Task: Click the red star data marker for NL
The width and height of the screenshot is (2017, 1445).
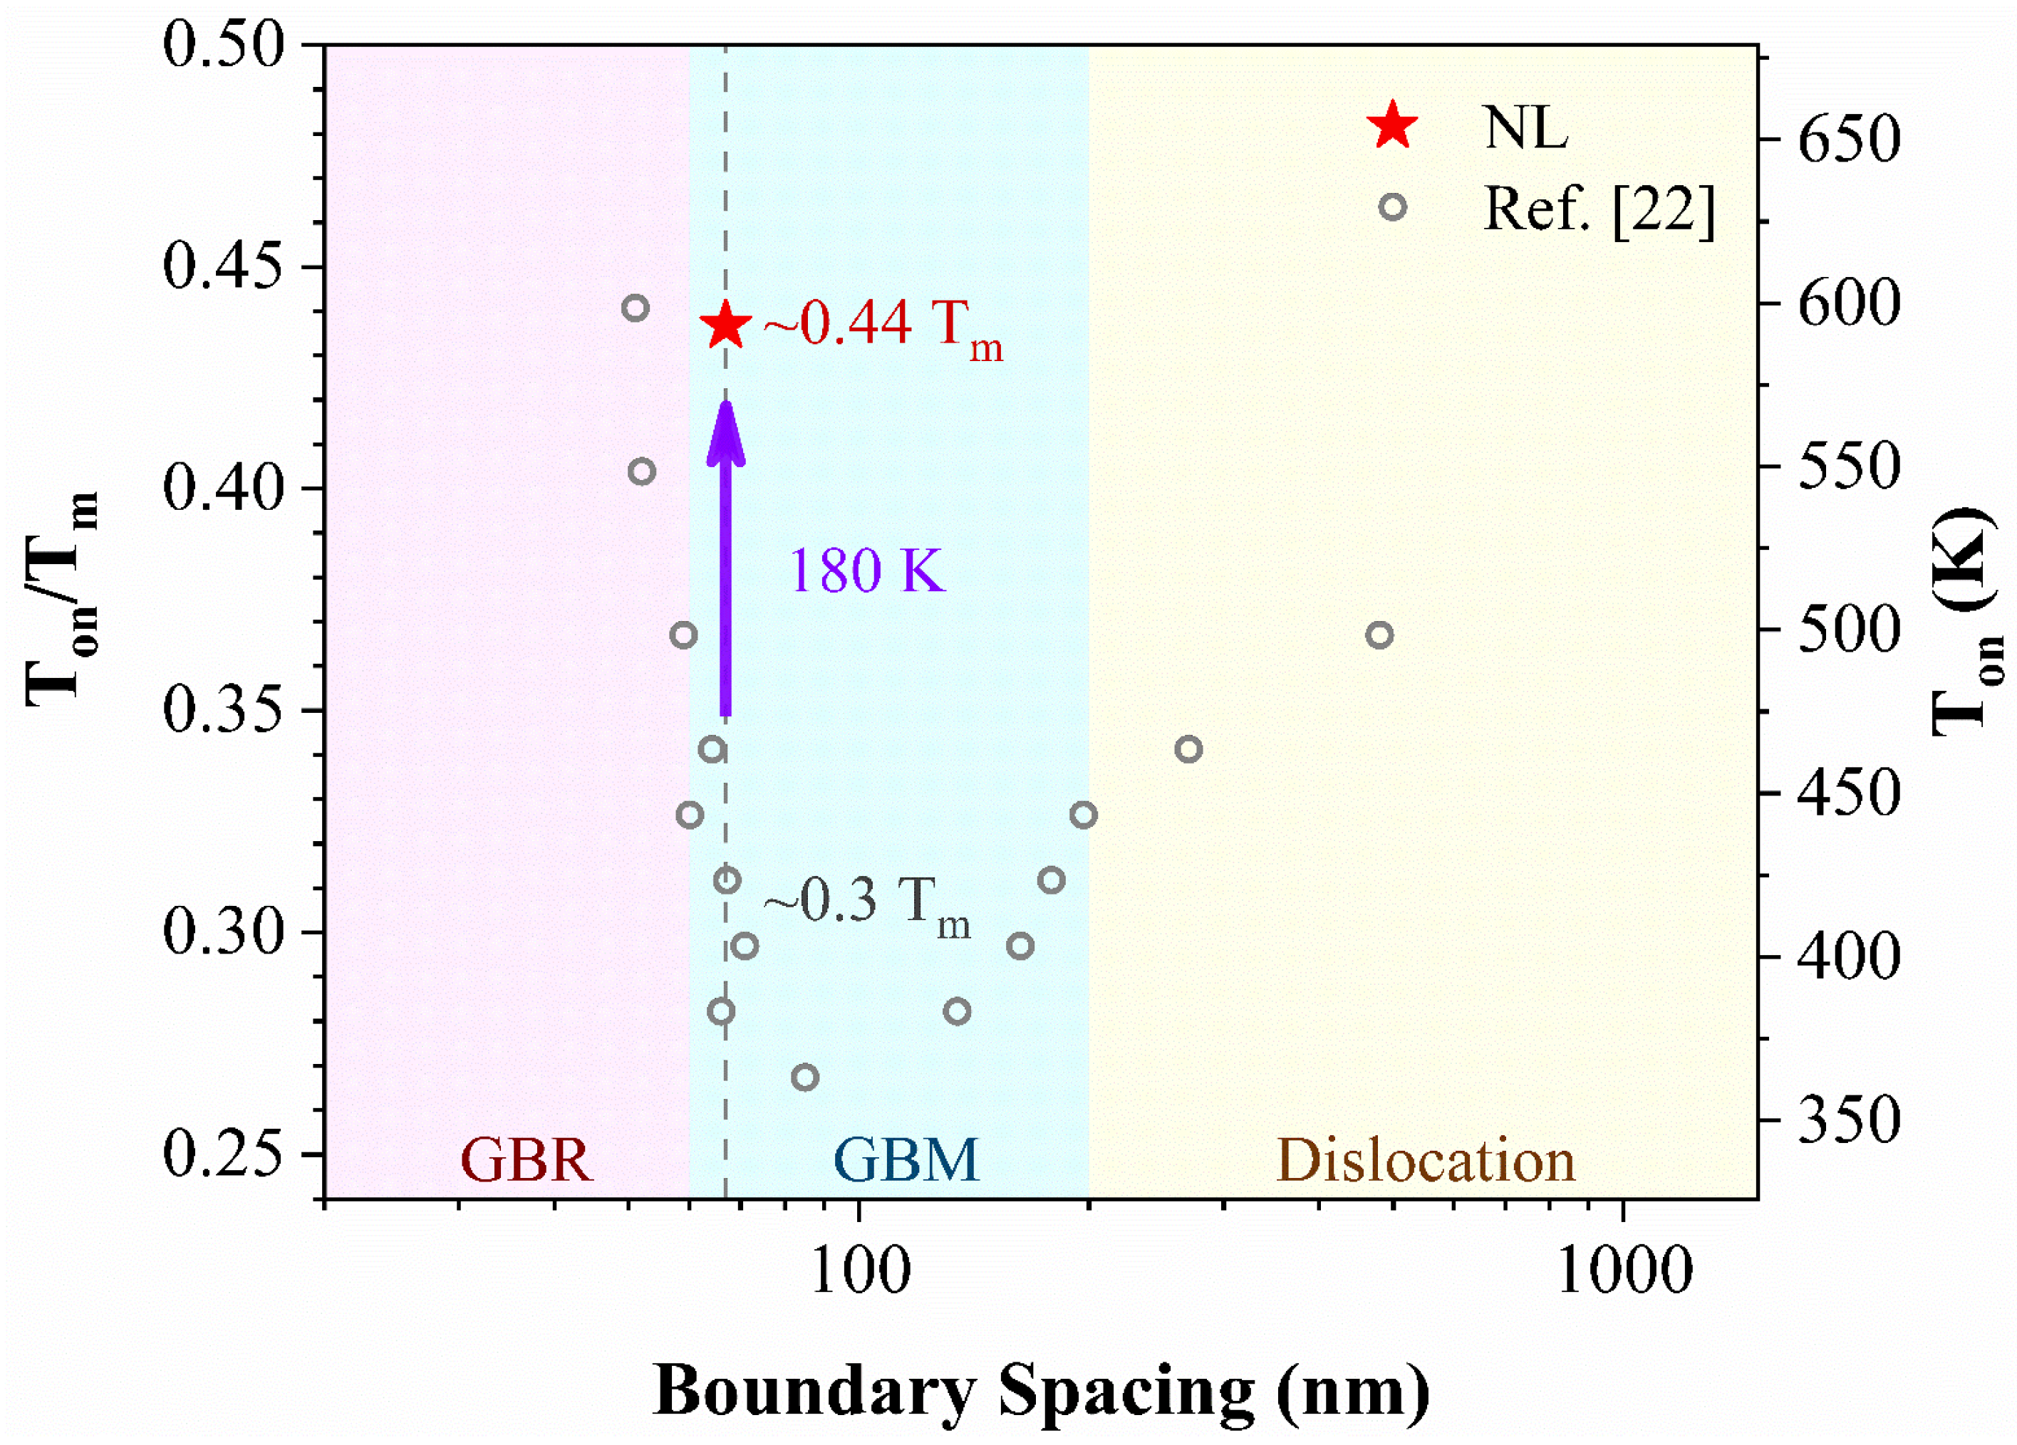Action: (x=727, y=326)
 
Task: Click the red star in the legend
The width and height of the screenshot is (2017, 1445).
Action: (x=1393, y=125)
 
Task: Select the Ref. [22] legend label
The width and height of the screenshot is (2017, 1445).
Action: (x=1598, y=210)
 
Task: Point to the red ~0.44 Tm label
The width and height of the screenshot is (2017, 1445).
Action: (x=882, y=326)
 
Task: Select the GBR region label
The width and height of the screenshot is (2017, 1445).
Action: (x=526, y=1160)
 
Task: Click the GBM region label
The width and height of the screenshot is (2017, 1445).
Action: (x=906, y=1160)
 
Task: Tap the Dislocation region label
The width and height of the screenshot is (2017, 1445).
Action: (x=1426, y=1160)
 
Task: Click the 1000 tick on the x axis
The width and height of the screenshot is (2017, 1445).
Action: (x=1624, y=1273)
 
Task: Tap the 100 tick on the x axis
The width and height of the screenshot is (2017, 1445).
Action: (x=859, y=1273)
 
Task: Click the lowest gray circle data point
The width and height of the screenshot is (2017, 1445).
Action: (x=805, y=1078)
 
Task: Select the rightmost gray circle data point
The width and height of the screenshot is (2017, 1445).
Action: (x=1379, y=635)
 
